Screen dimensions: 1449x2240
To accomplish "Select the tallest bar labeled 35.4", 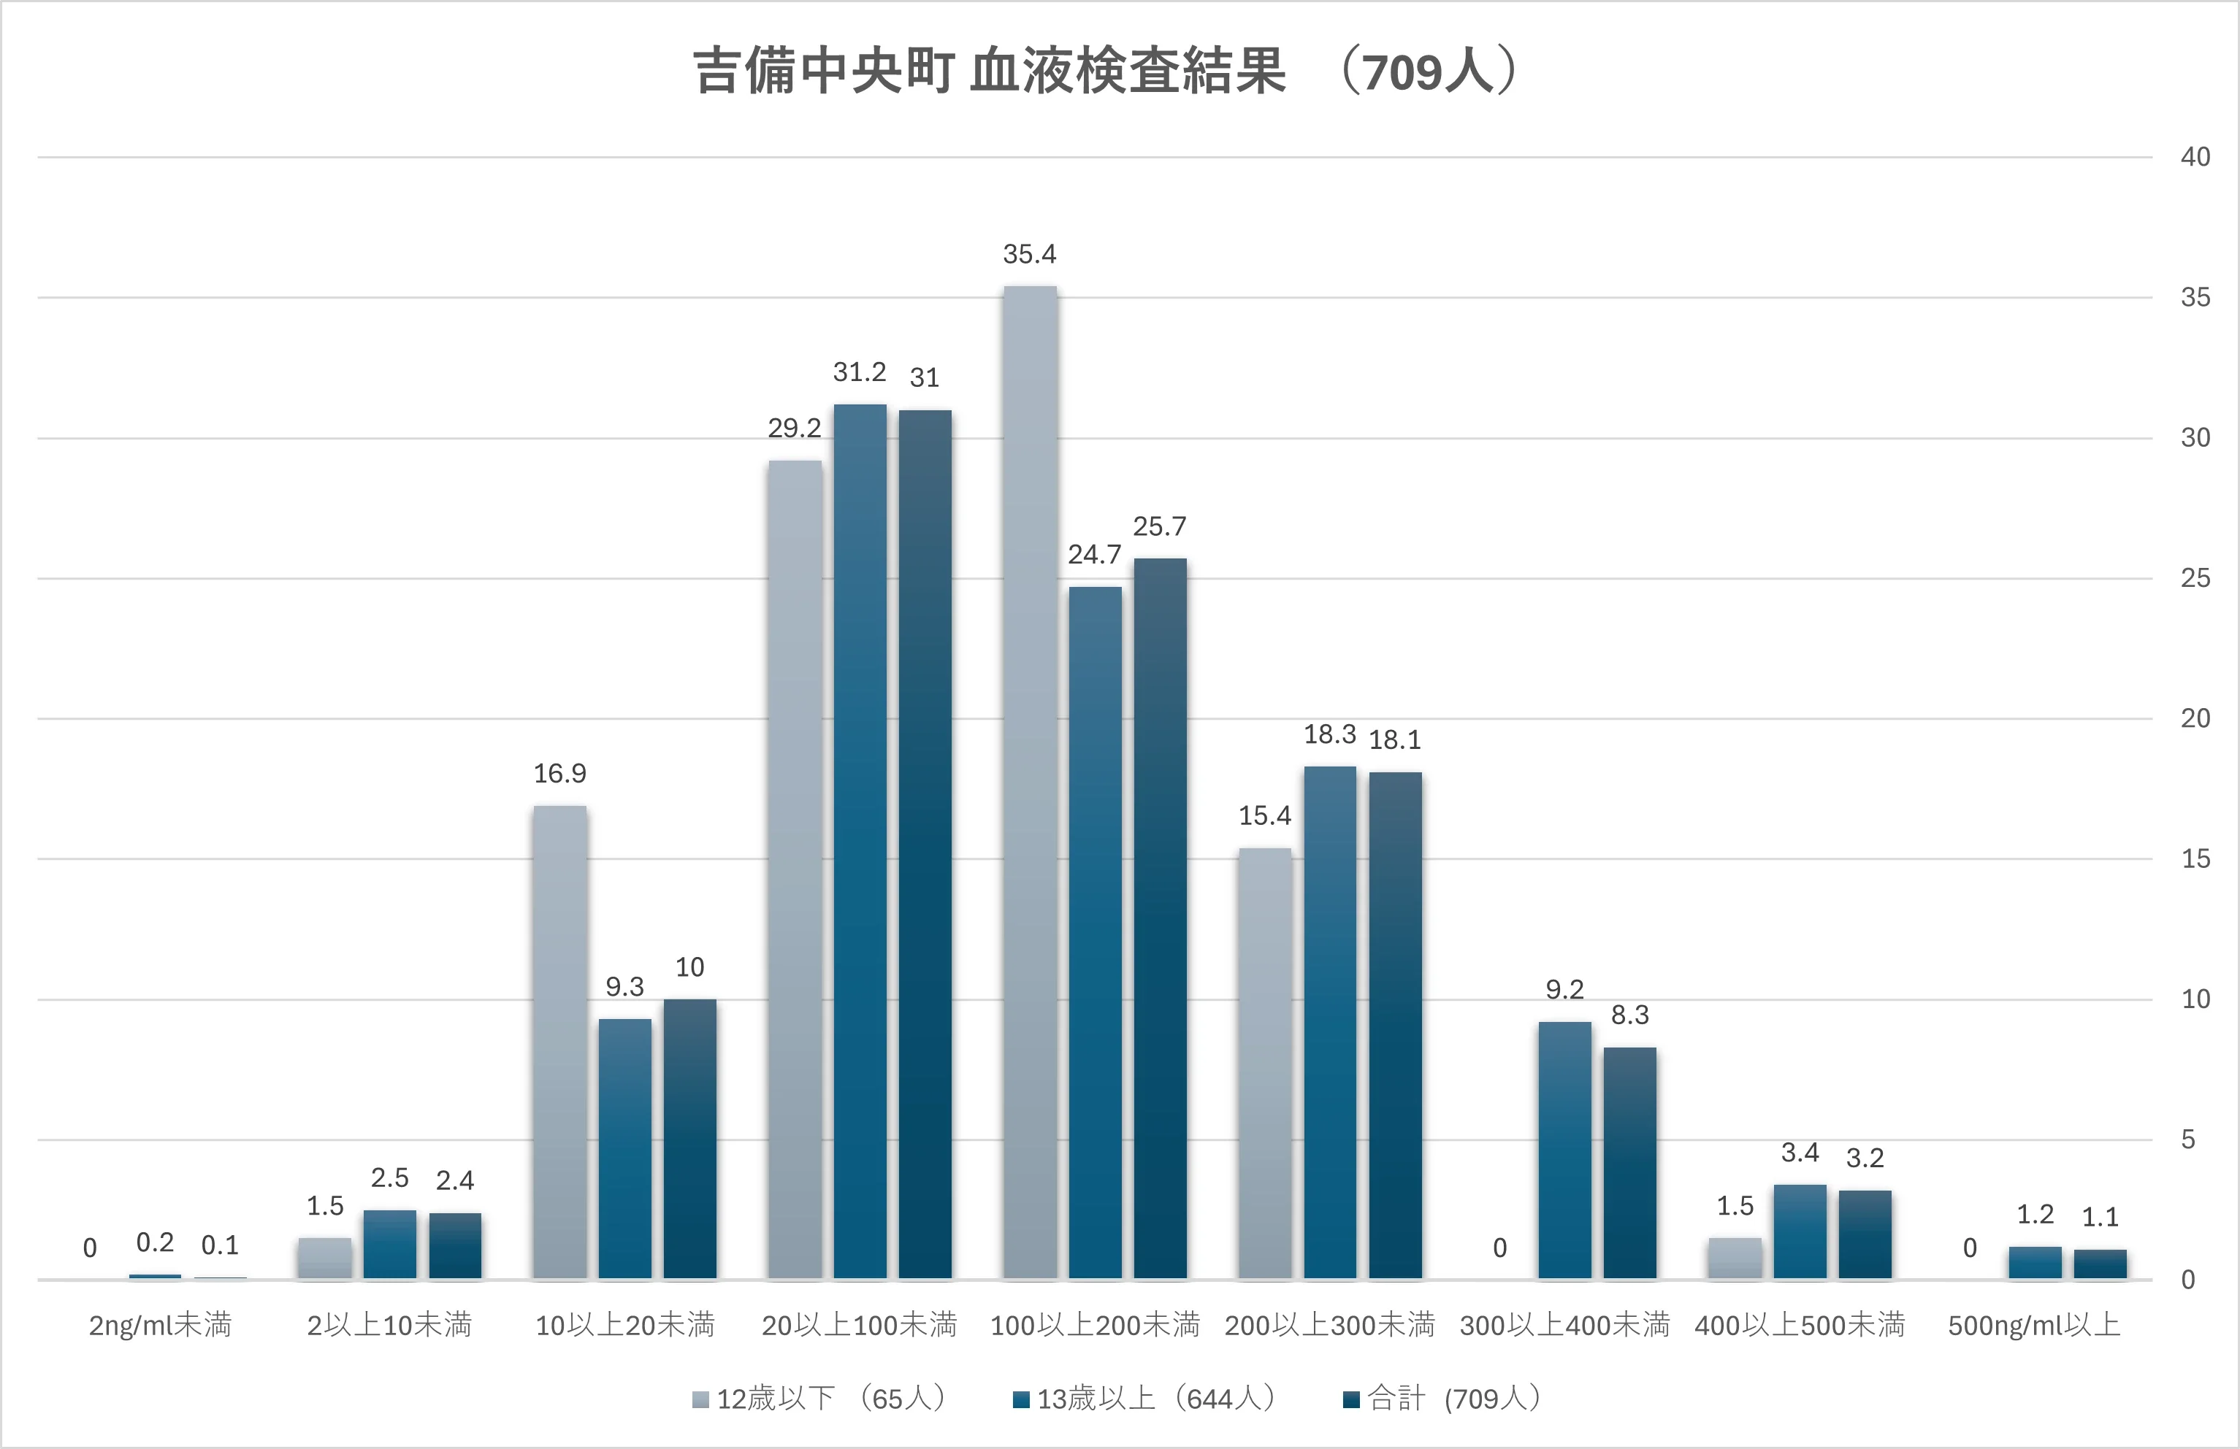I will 1030,781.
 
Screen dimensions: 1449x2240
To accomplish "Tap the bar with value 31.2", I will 860,842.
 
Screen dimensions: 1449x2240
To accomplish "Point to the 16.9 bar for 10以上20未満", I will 560,1042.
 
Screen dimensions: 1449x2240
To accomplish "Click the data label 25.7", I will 1160,527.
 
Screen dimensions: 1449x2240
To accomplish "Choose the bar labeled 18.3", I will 1330,1023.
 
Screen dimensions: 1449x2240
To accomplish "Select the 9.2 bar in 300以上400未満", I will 1564,1150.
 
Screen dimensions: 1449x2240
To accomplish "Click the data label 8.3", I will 1630,1015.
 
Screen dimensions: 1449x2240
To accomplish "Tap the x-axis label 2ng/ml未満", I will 160,1325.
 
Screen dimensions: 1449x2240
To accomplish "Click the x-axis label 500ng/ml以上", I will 2034,1325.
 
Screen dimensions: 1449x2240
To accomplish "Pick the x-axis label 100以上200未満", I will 1095,1325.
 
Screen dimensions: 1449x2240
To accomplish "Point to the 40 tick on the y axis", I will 2195,157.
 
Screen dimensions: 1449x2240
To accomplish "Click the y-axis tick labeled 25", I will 2195,577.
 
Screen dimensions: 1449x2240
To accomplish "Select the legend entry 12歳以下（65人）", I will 819,1398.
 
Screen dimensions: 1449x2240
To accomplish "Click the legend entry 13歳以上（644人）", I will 1144,1398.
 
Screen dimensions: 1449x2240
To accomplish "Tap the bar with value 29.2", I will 795,870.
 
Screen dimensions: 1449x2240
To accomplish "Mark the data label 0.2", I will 156,1243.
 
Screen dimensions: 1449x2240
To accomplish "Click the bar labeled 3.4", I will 1800,1231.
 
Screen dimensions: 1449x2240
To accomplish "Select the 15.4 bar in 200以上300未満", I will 1264,1064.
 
